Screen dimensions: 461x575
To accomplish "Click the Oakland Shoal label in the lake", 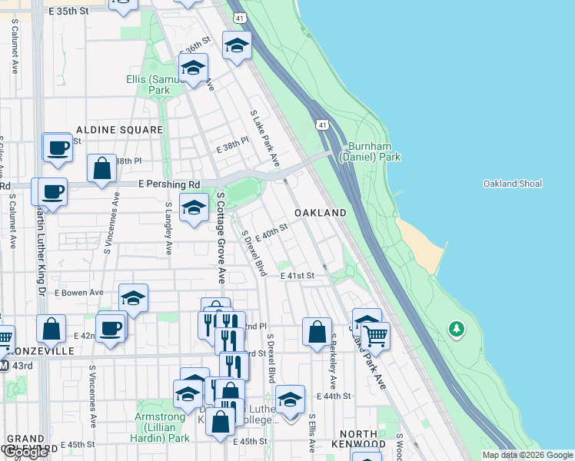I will click(x=512, y=184).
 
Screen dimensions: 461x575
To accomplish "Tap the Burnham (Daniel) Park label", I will click(x=374, y=151).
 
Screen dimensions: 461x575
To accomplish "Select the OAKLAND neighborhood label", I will click(x=320, y=212).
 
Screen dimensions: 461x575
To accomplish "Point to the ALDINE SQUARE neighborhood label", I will click(x=119, y=131).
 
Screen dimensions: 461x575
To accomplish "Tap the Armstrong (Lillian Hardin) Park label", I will click(x=163, y=427).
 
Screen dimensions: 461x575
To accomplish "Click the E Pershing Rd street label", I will click(x=169, y=185).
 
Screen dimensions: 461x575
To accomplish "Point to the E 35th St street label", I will click(x=75, y=12).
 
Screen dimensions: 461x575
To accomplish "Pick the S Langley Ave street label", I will click(x=168, y=228).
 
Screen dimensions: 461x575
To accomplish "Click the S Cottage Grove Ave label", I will click(x=220, y=238).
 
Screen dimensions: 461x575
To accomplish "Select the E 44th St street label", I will click(x=334, y=396).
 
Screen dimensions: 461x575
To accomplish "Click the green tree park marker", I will click(x=457, y=329).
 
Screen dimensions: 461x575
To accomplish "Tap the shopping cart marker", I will click(x=375, y=334).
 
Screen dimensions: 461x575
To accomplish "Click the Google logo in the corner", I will click(x=25, y=452).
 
